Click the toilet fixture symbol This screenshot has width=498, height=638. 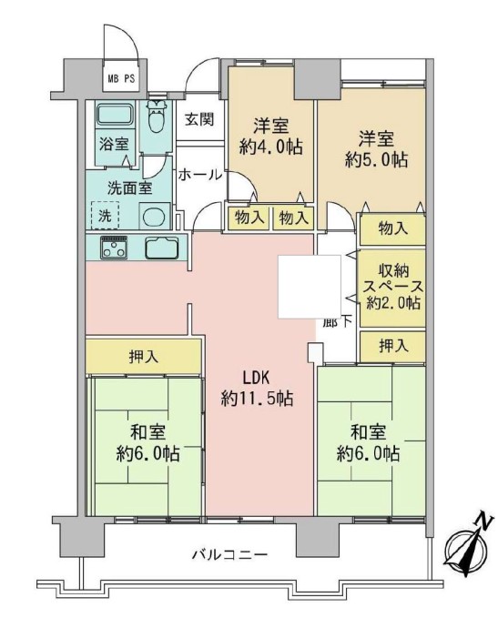pos(157,116)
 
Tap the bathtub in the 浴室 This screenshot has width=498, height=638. pos(115,115)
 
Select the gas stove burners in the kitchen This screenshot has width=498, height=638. pos(114,247)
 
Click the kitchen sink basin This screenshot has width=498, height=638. pos(162,248)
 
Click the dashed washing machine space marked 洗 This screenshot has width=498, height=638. pos(106,216)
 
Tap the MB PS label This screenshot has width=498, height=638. pos(121,78)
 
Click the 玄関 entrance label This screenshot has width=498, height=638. pos(199,119)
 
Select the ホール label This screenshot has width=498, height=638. pos(200,176)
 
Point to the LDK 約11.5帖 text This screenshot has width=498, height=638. pos(257,389)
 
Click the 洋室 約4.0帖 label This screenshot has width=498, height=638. pos(270,137)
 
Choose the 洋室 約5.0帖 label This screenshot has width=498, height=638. pos(376,149)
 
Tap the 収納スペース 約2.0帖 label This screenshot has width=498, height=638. pos(393,287)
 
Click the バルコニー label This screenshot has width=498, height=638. pos(230,554)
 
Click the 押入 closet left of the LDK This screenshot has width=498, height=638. pos(144,355)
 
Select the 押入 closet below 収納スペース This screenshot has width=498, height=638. pos(393,346)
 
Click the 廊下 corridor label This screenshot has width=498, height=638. pos(337,322)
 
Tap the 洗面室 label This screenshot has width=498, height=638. pos(130,187)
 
